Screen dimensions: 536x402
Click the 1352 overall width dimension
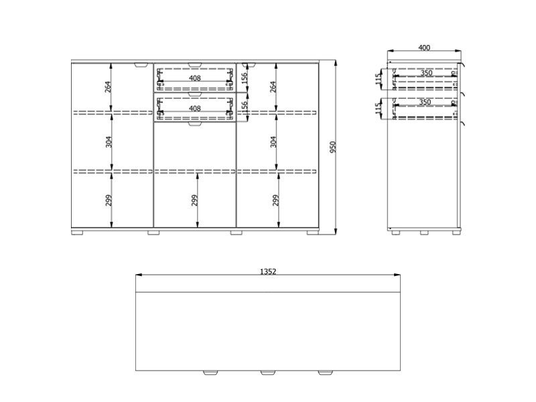click(x=268, y=271)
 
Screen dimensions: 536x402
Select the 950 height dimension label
click(x=333, y=147)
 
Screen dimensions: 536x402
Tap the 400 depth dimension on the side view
click(x=424, y=48)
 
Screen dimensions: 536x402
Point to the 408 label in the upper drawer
click(x=195, y=78)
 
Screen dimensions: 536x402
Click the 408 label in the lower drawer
click(x=195, y=109)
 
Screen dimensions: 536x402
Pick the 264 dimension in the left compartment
click(x=108, y=87)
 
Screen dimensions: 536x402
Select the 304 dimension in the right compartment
click(x=273, y=142)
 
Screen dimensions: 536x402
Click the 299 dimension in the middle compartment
click(x=194, y=200)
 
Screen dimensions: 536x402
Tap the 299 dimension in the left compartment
click(x=109, y=200)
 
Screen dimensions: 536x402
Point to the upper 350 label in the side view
click(x=426, y=73)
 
